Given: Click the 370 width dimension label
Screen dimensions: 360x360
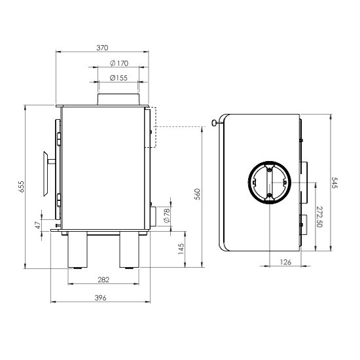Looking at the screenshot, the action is pos(102,48).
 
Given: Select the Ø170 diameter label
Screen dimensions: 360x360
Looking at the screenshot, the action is pos(119,63).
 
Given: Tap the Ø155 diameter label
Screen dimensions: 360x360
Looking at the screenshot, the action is pos(118,78).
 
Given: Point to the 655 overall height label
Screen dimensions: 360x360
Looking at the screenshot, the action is pos(21,187).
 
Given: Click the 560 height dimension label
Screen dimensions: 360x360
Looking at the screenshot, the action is pos(198,194).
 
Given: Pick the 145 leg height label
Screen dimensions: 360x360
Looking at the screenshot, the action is pos(181,249).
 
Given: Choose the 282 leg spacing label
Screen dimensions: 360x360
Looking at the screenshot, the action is pos(103,280).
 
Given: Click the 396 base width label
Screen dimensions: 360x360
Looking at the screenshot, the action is pos(101,298).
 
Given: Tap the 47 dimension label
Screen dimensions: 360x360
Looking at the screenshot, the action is pos(39,225).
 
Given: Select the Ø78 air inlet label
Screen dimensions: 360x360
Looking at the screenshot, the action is pos(167,215).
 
